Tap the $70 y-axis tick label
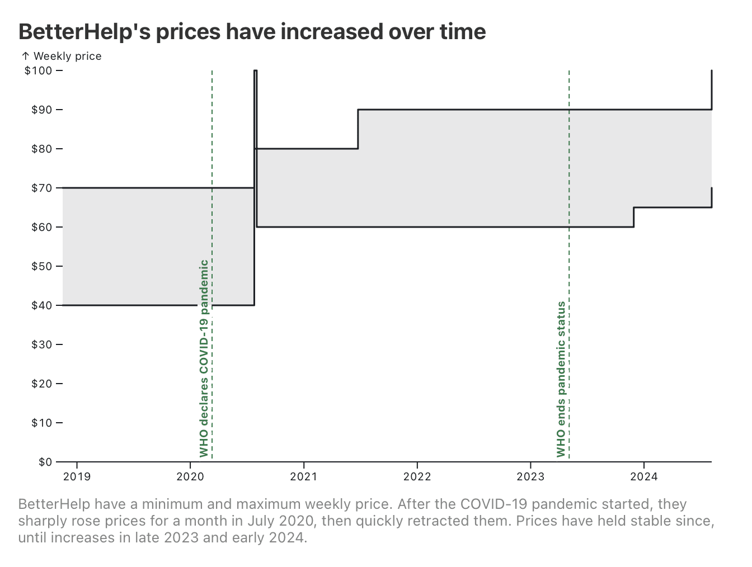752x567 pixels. coord(41,188)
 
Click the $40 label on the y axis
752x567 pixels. coord(41,305)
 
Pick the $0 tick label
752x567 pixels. coord(45,462)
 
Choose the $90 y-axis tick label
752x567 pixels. coord(41,110)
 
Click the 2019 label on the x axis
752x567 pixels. coord(77,477)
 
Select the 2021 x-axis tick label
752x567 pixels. coord(303,477)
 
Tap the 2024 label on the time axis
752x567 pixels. coord(643,477)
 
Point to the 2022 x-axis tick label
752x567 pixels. coord(417,477)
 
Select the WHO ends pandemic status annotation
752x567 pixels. coord(561,379)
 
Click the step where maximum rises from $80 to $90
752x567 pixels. coord(358,129)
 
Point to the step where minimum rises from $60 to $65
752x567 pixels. coord(633,217)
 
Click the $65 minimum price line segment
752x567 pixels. coord(671,207)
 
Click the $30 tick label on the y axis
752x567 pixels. coord(41,344)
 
